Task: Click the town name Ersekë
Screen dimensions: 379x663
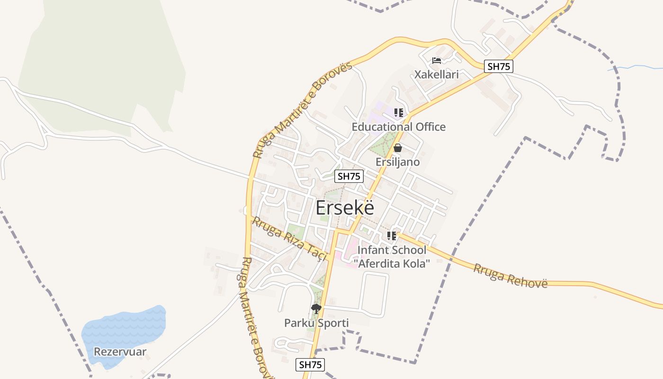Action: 345,208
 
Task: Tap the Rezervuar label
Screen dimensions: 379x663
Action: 120,352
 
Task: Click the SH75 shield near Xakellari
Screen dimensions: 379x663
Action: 499,66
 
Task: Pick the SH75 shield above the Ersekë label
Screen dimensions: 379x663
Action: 349,176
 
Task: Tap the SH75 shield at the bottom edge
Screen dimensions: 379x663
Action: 311,365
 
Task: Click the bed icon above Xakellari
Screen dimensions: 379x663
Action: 437,61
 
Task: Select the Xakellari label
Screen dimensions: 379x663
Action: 437,74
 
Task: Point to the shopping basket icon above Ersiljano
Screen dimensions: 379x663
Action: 398,148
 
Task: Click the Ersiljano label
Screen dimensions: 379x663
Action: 398,162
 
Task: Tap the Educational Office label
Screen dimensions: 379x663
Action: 398,127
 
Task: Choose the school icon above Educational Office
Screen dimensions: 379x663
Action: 399,113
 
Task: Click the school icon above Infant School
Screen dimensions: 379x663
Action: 392,235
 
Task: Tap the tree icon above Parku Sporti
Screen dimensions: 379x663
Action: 316,309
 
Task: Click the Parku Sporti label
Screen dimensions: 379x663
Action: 316,323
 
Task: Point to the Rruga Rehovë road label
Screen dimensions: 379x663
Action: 510,275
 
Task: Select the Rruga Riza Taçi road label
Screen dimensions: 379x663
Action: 290,238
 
